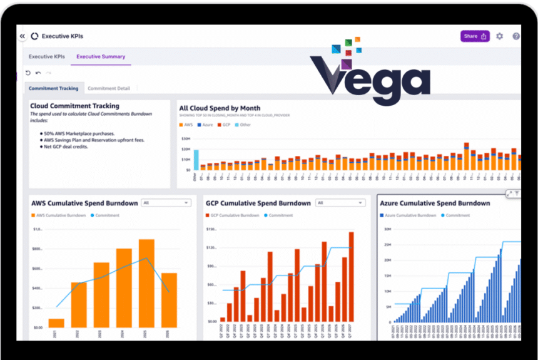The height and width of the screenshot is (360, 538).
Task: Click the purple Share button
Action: click(475, 36)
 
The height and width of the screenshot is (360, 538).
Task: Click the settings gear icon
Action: click(499, 36)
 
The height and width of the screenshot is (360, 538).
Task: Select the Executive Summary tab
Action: click(101, 57)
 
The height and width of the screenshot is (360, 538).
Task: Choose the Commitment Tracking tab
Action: click(54, 88)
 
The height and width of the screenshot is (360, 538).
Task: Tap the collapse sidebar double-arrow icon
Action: click(22, 36)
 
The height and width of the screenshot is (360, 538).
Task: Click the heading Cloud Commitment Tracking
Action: click(74, 106)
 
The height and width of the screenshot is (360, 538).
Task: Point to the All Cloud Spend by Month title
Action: click(220, 108)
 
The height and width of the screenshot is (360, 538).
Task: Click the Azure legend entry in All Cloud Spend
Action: click(205, 125)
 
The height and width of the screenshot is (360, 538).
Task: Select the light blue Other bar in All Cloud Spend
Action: click(196, 160)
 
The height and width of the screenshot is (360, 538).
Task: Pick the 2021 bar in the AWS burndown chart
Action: click(56, 323)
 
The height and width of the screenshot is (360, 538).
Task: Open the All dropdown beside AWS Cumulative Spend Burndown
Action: click(166, 203)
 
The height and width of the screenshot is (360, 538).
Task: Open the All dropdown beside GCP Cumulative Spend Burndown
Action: click(340, 203)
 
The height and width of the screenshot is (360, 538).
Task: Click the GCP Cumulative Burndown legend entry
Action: click(233, 215)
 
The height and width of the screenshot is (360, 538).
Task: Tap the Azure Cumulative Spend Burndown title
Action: click(435, 203)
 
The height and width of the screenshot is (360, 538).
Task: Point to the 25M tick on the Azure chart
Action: click(388, 229)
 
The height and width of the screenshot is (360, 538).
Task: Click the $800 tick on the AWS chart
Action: click(37, 249)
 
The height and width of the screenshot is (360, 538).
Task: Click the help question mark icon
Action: click(516, 36)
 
